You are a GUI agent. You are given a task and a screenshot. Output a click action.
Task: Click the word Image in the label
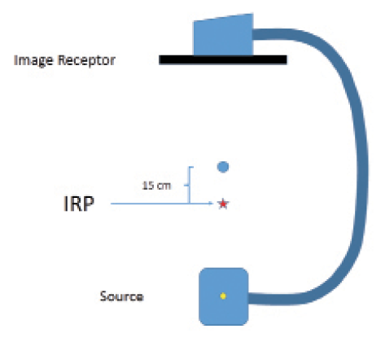pos(33,60)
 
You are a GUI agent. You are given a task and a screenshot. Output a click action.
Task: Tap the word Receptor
pos(87,60)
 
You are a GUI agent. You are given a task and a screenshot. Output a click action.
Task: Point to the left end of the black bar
pos(160,59)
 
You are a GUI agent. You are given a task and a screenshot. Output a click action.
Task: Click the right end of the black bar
pos(287,59)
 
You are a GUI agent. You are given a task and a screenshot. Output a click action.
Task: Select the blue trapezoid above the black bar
pos(223,35)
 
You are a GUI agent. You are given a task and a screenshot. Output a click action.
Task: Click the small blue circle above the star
pos(223,167)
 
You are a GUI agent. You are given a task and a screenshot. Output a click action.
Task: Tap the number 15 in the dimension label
pos(148,186)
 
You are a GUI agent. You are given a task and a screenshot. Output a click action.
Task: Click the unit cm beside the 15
pos(164,186)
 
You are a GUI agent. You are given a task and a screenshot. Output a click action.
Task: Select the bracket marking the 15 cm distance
pos(190,185)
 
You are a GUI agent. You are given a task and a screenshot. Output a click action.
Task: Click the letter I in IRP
pos(65,204)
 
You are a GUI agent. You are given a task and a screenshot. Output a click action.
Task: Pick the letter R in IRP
pos(76,204)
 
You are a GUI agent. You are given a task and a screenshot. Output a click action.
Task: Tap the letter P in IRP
pos(89,204)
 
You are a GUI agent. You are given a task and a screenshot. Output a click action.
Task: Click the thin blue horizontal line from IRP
pos(162,204)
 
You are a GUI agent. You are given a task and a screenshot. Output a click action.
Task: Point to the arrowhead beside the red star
pos(211,204)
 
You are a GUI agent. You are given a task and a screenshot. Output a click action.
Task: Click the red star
pos(223,204)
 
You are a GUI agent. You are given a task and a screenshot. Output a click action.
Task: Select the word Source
pos(122,296)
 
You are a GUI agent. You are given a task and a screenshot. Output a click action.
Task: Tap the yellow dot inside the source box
pos(223,296)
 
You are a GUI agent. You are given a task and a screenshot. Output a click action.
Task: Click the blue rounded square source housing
pos(224,296)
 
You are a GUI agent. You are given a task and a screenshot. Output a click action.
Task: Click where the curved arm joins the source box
pos(249,298)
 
